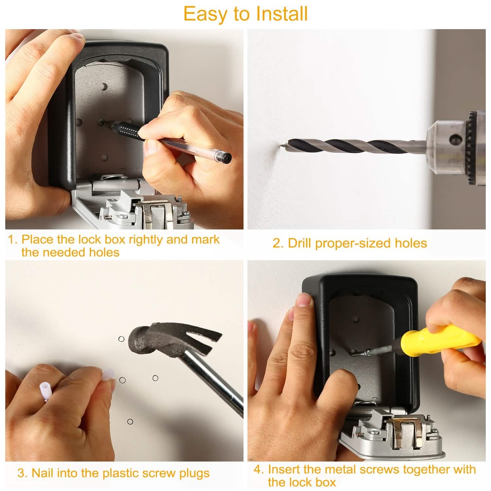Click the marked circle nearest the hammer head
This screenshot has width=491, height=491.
pos(121,339)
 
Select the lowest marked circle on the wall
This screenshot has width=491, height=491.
pos(130,421)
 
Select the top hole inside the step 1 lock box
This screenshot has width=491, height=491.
pos(104,87)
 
